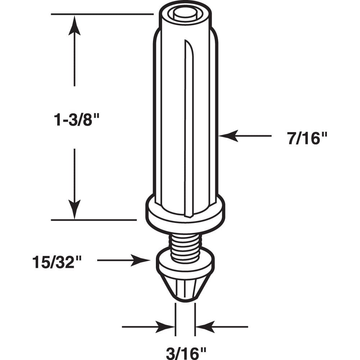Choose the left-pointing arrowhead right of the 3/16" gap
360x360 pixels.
point(204,327)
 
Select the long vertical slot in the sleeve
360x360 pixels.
point(188,126)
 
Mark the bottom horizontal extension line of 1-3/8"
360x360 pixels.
point(94,220)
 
